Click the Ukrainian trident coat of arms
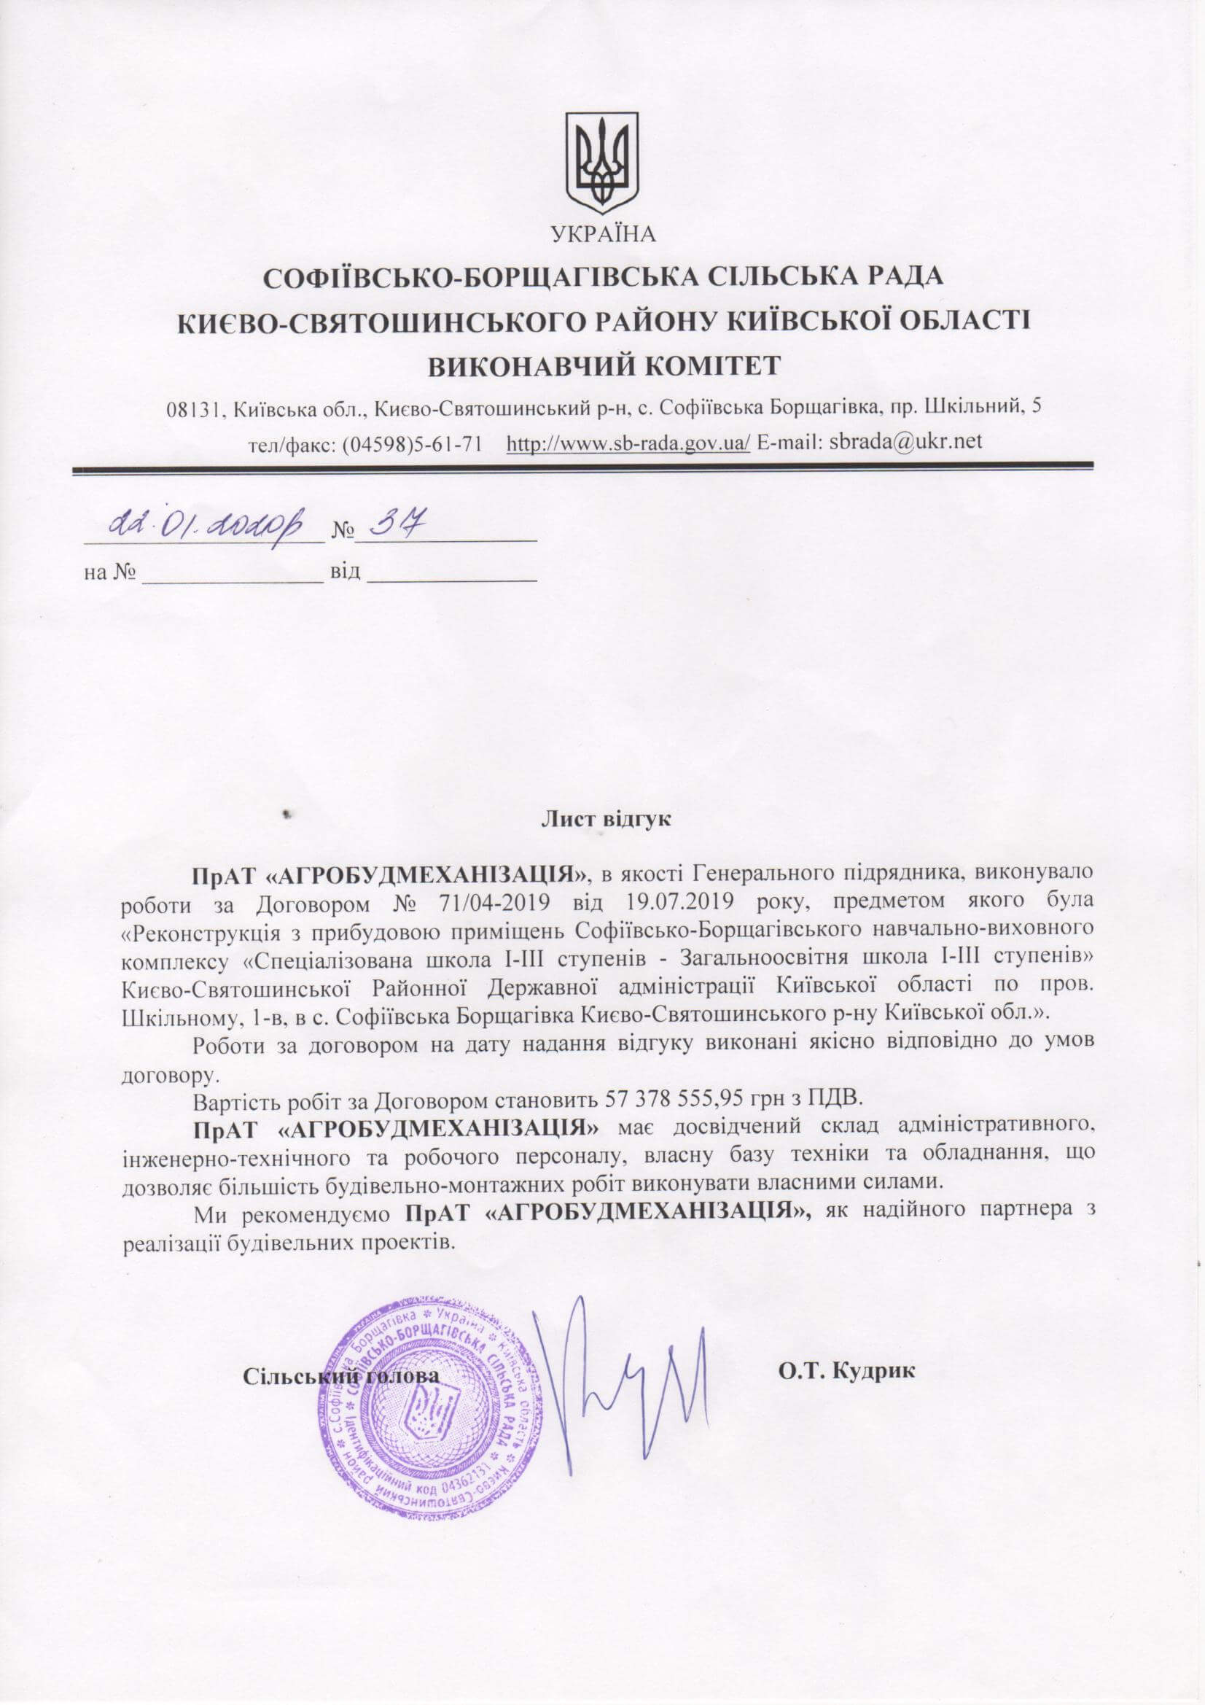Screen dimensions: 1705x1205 coord(602,162)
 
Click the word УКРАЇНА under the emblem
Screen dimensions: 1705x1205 coord(603,235)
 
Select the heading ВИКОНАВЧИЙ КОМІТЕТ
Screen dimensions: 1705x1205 coord(602,365)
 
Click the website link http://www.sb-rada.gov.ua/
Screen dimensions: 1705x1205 coord(628,443)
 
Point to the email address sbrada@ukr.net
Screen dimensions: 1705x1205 coord(906,443)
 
